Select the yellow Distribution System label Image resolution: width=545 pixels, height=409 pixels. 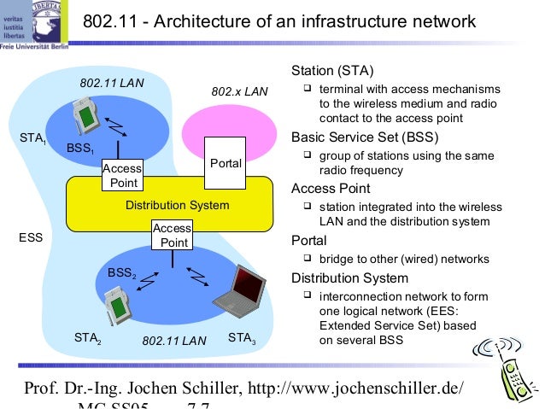click(x=177, y=205)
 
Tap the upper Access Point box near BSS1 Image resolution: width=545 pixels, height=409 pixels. click(x=121, y=176)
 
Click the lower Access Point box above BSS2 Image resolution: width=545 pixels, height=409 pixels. click(x=172, y=236)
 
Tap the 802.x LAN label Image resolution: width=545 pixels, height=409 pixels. click(x=239, y=91)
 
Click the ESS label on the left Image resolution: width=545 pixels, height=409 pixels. click(x=31, y=238)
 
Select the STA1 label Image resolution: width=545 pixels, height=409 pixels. click(x=32, y=137)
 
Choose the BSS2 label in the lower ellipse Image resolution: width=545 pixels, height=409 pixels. click(x=121, y=272)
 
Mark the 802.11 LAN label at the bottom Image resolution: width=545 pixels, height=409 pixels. click(x=174, y=341)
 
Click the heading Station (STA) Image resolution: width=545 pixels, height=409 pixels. click(x=333, y=70)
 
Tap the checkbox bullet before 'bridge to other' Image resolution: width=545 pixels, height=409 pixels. click(x=308, y=260)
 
